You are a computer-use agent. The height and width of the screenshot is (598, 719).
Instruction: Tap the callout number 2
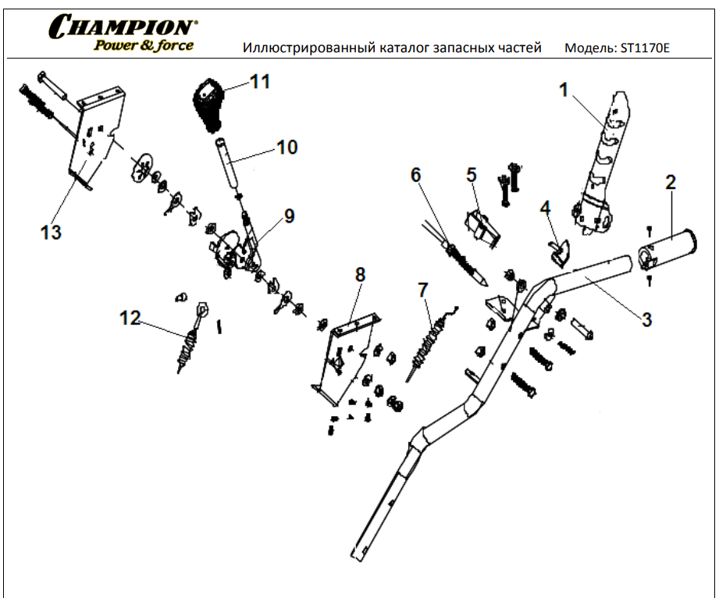(670, 183)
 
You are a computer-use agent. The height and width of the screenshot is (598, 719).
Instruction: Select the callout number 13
(52, 232)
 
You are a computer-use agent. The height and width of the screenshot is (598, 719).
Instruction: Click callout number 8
(360, 275)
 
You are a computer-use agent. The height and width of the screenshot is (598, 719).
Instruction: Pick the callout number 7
(422, 290)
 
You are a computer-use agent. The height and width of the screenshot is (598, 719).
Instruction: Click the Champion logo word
(123, 27)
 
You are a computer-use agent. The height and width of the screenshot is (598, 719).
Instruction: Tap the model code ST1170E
(645, 48)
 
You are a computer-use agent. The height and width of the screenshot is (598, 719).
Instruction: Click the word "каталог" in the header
(379, 48)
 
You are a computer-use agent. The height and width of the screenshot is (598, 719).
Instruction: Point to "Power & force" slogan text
(144, 44)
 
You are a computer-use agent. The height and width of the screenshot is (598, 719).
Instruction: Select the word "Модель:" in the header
(589, 48)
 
